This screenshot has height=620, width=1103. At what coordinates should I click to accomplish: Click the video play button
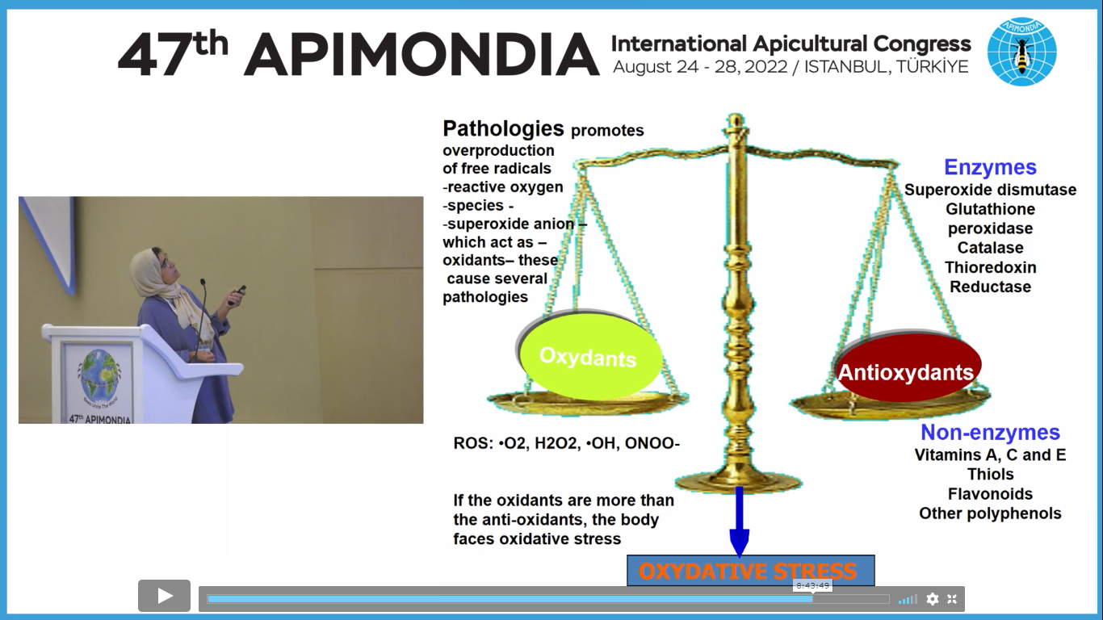(164, 596)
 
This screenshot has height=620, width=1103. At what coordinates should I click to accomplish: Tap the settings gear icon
(932, 599)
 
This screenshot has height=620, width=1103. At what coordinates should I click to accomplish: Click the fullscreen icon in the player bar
(952, 599)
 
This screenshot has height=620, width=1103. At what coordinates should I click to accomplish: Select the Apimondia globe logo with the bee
(1022, 52)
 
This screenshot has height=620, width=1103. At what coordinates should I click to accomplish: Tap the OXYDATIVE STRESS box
(750, 571)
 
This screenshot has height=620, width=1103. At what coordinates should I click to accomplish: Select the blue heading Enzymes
(990, 167)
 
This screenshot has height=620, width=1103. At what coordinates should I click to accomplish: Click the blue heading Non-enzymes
(990, 433)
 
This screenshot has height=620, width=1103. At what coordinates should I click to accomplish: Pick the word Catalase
(990, 248)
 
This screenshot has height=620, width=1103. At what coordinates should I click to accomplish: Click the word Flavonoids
(990, 494)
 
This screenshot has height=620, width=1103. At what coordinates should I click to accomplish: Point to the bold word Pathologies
(503, 128)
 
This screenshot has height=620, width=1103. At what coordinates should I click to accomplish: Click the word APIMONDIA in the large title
(422, 54)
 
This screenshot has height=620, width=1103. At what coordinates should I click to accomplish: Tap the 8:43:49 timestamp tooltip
(812, 585)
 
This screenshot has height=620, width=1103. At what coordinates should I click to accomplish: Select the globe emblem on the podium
(99, 375)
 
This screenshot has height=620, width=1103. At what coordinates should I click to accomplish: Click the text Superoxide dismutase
(990, 190)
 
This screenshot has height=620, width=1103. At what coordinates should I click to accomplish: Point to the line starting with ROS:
(566, 443)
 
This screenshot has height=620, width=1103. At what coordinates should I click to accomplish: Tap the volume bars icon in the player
(908, 599)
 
